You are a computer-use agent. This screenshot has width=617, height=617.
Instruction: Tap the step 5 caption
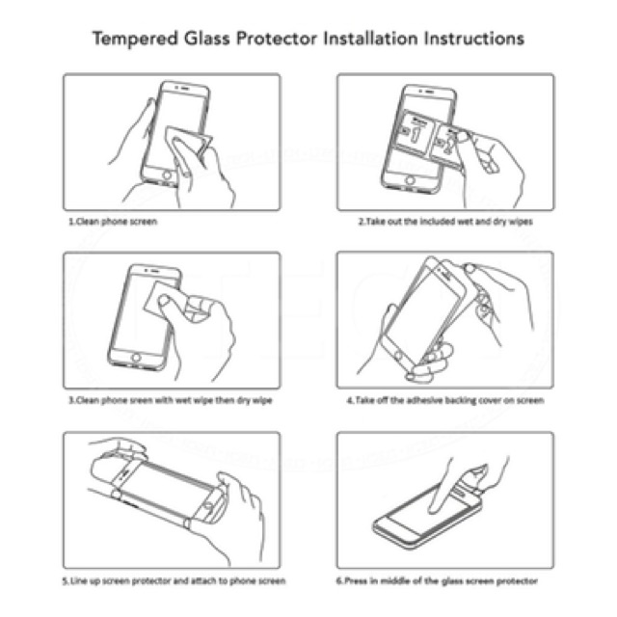click(174, 580)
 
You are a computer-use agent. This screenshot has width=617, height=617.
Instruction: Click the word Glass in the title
click(207, 40)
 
